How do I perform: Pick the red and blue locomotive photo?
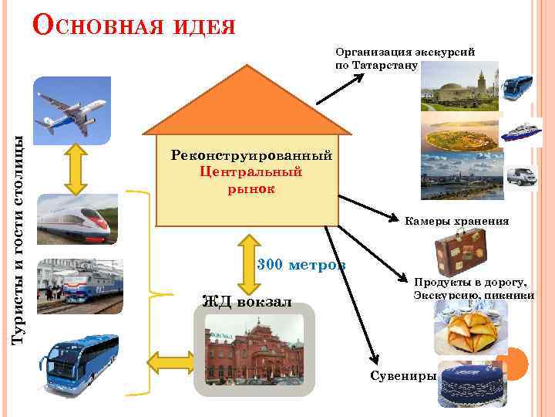coord(79,285)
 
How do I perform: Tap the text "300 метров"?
coord(301,264)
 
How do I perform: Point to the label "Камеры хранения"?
coord(456,221)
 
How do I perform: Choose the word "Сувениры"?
coord(402,376)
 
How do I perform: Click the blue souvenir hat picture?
coord(470,385)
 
